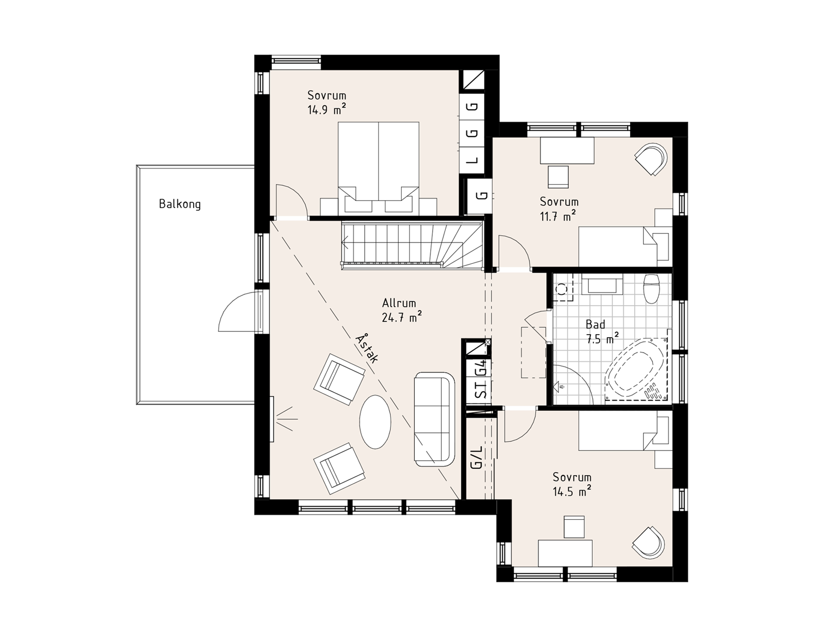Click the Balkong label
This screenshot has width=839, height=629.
(180, 204)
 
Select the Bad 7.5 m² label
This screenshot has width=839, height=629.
(601, 332)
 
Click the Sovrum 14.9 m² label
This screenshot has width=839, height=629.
(327, 102)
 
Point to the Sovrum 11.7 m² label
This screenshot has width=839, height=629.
(559, 208)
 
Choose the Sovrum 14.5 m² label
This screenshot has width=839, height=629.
(572, 484)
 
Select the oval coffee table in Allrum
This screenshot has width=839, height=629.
(376, 422)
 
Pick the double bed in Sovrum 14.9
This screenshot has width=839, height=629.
(378, 168)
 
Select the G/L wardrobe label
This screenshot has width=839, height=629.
(476, 457)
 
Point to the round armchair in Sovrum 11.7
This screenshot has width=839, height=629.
(651, 159)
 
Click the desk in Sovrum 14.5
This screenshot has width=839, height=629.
(565, 553)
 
